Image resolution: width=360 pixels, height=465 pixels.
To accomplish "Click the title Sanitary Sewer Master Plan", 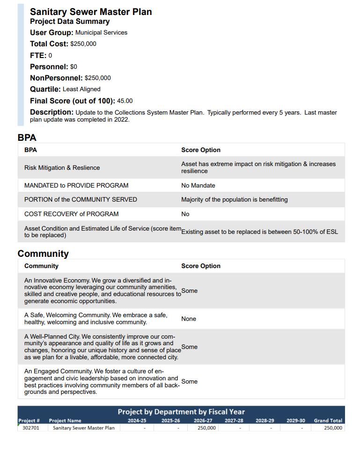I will pos(91,12).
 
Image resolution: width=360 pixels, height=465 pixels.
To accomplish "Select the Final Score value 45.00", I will pos(125,101).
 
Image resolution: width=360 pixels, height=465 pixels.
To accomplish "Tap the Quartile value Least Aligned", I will pos(81,89).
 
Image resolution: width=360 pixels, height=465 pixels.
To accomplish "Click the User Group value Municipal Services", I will pos(101,32).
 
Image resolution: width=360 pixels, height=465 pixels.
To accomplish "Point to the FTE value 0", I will pos(50,55).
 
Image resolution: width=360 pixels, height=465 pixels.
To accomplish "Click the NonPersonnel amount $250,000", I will pos(97,78).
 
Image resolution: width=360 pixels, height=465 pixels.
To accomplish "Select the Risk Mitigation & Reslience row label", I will pos(62,167).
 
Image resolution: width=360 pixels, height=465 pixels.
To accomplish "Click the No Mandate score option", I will pos(198,185).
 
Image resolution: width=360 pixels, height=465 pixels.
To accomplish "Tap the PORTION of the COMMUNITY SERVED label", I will pos(81,199).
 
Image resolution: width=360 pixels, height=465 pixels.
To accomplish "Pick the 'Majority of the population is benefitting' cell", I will pos(234,199).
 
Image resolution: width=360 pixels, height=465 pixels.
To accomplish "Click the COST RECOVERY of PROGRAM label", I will pos(71,214).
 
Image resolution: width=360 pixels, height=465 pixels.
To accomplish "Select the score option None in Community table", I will pos(189,319).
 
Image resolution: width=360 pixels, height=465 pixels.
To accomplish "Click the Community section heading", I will pos(43,254).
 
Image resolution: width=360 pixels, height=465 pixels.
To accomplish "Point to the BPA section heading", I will pos(27,138).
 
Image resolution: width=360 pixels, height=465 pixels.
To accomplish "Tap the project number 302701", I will pos(31,428).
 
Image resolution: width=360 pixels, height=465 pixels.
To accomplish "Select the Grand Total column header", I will pos(328,421).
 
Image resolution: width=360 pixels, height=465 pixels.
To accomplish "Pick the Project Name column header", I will pos(65,421).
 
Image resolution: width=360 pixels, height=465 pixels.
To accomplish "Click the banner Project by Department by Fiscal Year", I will pos(181,412).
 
